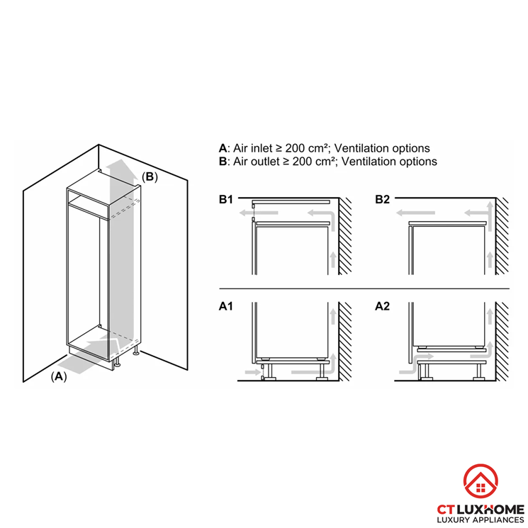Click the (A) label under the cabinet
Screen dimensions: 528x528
pyautogui.click(x=59, y=376)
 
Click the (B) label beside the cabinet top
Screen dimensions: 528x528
pyautogui.click(x=150, y=176)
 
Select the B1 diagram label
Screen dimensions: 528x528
pyautogui.click(x=225, y=199)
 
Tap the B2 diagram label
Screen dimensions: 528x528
pyautogui.click(x=382, y=199)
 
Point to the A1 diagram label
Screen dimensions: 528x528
pyautogui.click(x=225, y=306)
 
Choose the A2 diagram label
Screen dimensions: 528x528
pyautogui.click(x=382, y=306)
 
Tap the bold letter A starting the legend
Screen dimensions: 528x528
pyautogui.click(x=223, y=148)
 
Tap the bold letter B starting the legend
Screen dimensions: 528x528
pyautogui.click(x=223, y=162)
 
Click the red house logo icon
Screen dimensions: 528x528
pyautogui.click(x=481, y=481)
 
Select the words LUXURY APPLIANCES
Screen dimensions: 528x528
pyautogui.click(x=481, y=519)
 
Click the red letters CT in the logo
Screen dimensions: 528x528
pyautogui.click(x=446, y=509)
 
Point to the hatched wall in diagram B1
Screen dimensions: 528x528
pyautogui.click(x=345, y=236)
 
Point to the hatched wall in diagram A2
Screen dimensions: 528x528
pyautogui.click(x=502, y=342)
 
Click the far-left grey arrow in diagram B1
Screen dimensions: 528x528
pyautogui.click(x=259, y=213)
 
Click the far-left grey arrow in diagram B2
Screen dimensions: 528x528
pyautogui.click(x=415, y=213)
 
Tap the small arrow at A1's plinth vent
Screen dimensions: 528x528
pyautogui.click(x=253, y=372)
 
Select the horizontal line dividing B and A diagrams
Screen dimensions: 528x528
pyautogui.click(x=364, y=288)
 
